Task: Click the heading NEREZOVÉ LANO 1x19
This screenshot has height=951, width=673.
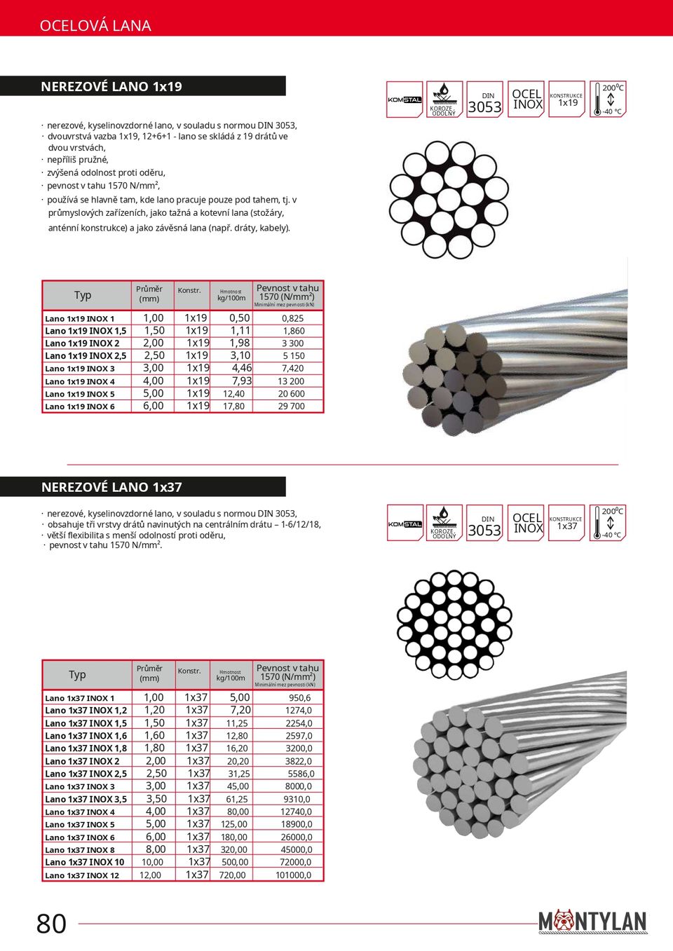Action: (x=111, y=87)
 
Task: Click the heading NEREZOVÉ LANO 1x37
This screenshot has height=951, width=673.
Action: (x=111, y=487)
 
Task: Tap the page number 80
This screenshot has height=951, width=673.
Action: (x=51, y=924)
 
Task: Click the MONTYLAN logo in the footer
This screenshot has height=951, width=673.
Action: (x=592, y=922)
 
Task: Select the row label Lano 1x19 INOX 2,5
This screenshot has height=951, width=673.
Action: (x=86, y=356)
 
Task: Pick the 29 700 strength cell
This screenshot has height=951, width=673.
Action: (x=292, y=406)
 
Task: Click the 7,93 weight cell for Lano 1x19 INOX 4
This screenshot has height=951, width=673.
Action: (x=241, y=381)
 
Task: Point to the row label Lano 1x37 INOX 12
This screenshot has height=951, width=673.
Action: (x=82, y=875)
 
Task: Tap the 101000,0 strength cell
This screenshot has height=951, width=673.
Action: (x=294, y=875)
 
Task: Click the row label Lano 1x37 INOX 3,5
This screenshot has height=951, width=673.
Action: (x=86, y=799)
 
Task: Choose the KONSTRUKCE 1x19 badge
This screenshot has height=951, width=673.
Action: (x=566, y=100)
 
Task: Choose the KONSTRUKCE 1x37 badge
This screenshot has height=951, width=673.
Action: (x=566, y=523)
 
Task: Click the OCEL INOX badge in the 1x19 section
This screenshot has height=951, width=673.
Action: (x=527, y=100)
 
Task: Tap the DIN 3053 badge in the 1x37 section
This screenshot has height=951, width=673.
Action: (x=484, y=524)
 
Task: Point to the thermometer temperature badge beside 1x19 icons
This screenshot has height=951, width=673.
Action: (x=608, y=100)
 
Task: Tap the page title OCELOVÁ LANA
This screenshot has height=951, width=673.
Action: (x=95, y=26)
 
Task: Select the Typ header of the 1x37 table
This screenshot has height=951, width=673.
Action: (x=77, y=675)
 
